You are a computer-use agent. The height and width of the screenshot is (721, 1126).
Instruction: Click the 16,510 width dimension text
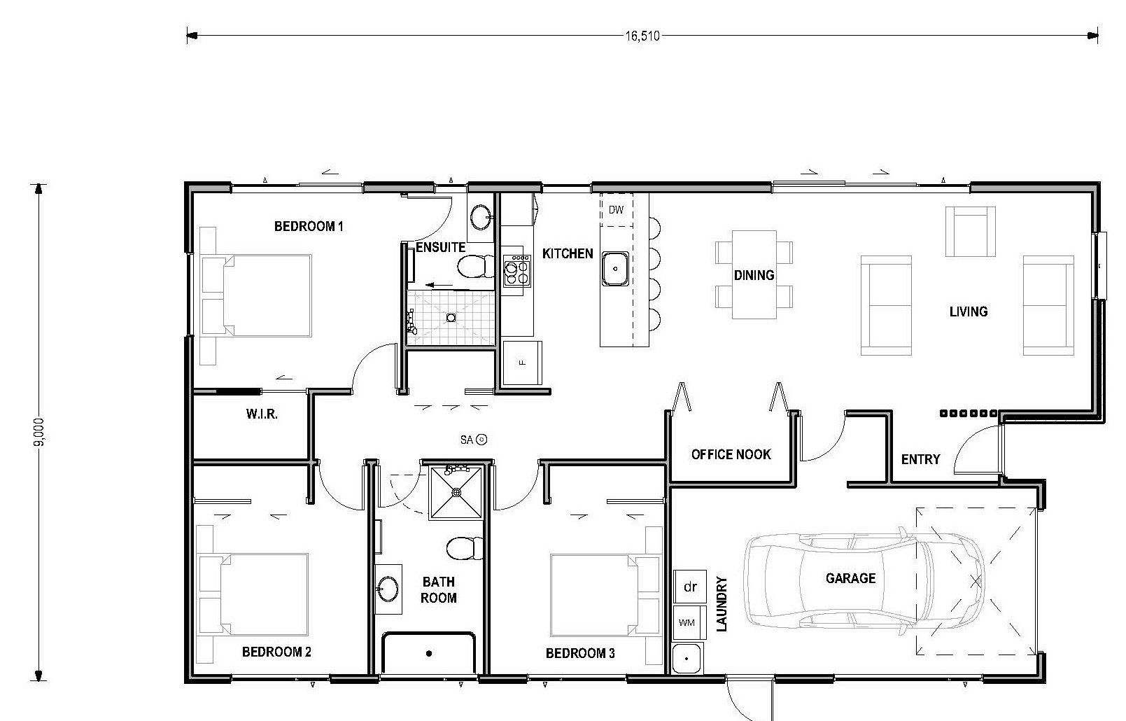pyautogui.click(x=642, y=36)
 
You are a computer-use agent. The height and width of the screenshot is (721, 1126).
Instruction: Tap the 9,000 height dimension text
pyautogui.click(x=39, y=432)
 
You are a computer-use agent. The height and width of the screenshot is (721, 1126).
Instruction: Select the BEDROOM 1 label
pyautogui.click(x=309, y=226)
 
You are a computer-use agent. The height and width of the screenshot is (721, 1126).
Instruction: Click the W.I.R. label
pyautogui.click(x=262, y=414)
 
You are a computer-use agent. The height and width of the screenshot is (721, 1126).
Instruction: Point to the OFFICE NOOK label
pyautogui.click(x=731, y=454)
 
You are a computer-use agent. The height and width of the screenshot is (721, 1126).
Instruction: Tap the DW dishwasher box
pyautogui.click(x=617, y=210)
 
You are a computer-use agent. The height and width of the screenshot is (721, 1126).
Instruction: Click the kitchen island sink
pyautogui.click(x=615, y=269)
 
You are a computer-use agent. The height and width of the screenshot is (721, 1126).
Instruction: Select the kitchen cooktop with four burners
pyautogui.click(x=516, y=270)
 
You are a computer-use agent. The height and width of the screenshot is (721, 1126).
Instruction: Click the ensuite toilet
pyautogui.click(x=476, y=266)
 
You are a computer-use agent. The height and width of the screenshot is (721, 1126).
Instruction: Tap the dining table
pyautogui.click(x=754, y=274)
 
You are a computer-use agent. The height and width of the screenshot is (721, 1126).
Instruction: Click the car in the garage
pyautogui.click(x=864, y=581)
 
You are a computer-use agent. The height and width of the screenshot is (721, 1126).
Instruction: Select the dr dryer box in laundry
pyautogui.click(x=690, y=587)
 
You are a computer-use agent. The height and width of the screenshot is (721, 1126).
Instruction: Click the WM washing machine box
pyautogui.click(x=690, y=622)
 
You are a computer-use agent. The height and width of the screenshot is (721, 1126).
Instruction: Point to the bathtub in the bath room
pyautogui.click(x=428, y=653)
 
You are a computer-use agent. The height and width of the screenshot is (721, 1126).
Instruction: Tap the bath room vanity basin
pyautogui.click(x=388, y=589)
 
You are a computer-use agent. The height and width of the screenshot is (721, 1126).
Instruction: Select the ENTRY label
pyautogui.click(x=920, y=459)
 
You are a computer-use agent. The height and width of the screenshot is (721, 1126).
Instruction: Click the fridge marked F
pyautogui.click(x=522, y=363)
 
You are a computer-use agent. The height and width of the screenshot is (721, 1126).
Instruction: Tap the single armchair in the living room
pyautogui.click(x=970, y=232)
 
